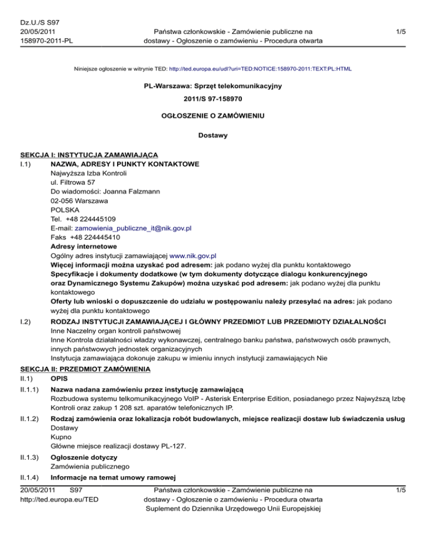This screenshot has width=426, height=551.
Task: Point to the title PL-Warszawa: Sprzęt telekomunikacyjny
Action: click(213, 85)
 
